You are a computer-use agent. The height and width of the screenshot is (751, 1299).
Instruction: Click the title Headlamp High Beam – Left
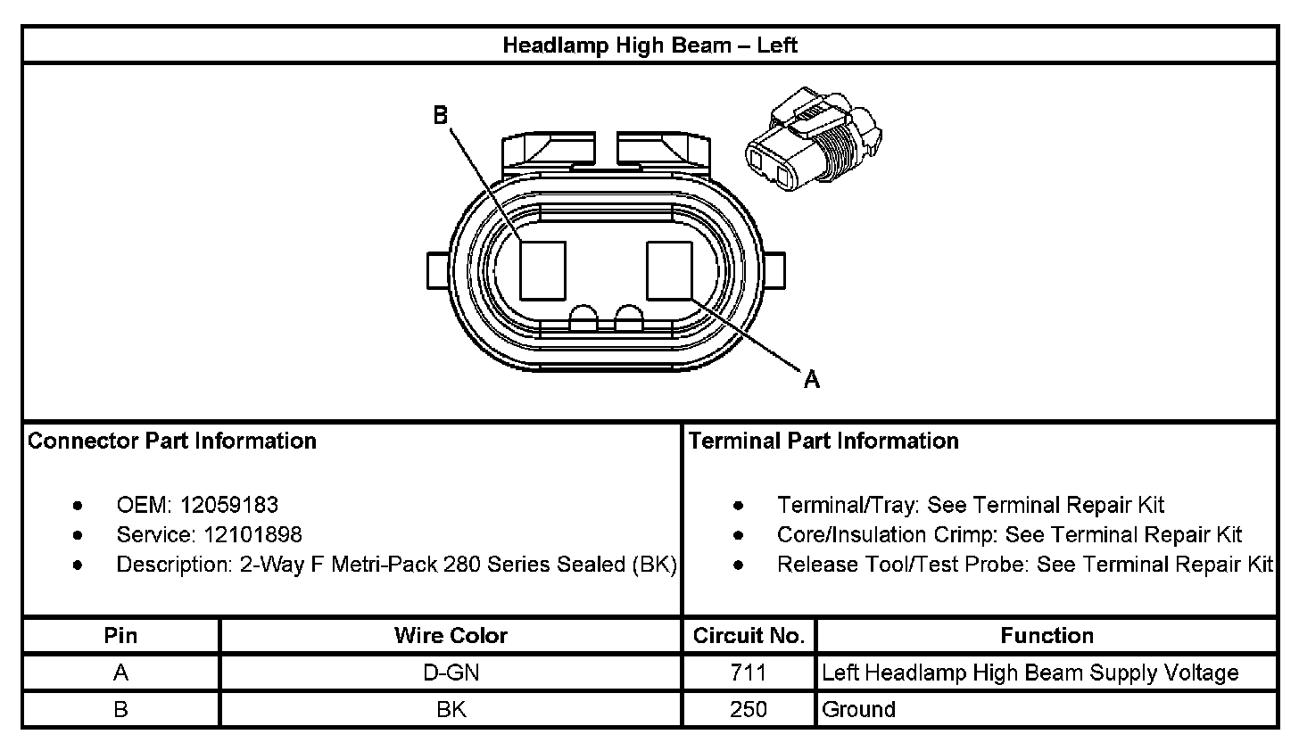tap(649, 45)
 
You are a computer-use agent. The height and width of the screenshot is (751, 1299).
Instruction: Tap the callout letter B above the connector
tap(441, 115)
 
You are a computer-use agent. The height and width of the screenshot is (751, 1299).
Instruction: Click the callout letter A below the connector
tap(812, 379)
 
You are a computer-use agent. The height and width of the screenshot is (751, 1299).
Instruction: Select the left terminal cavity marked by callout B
tap(542, 271)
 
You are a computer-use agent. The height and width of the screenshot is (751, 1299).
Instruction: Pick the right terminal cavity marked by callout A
tap(669, 271)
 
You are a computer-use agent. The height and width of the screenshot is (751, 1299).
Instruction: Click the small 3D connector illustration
tap(814, 139)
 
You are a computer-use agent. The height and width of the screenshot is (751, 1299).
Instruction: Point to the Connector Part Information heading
tap(172, 441)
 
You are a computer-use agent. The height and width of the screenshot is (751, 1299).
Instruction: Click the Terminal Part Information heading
tap(823, 441)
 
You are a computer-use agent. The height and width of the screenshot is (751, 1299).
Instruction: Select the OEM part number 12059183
tap(229, 505)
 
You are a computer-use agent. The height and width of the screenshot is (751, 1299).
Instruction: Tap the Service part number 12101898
tap(252, 534)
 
